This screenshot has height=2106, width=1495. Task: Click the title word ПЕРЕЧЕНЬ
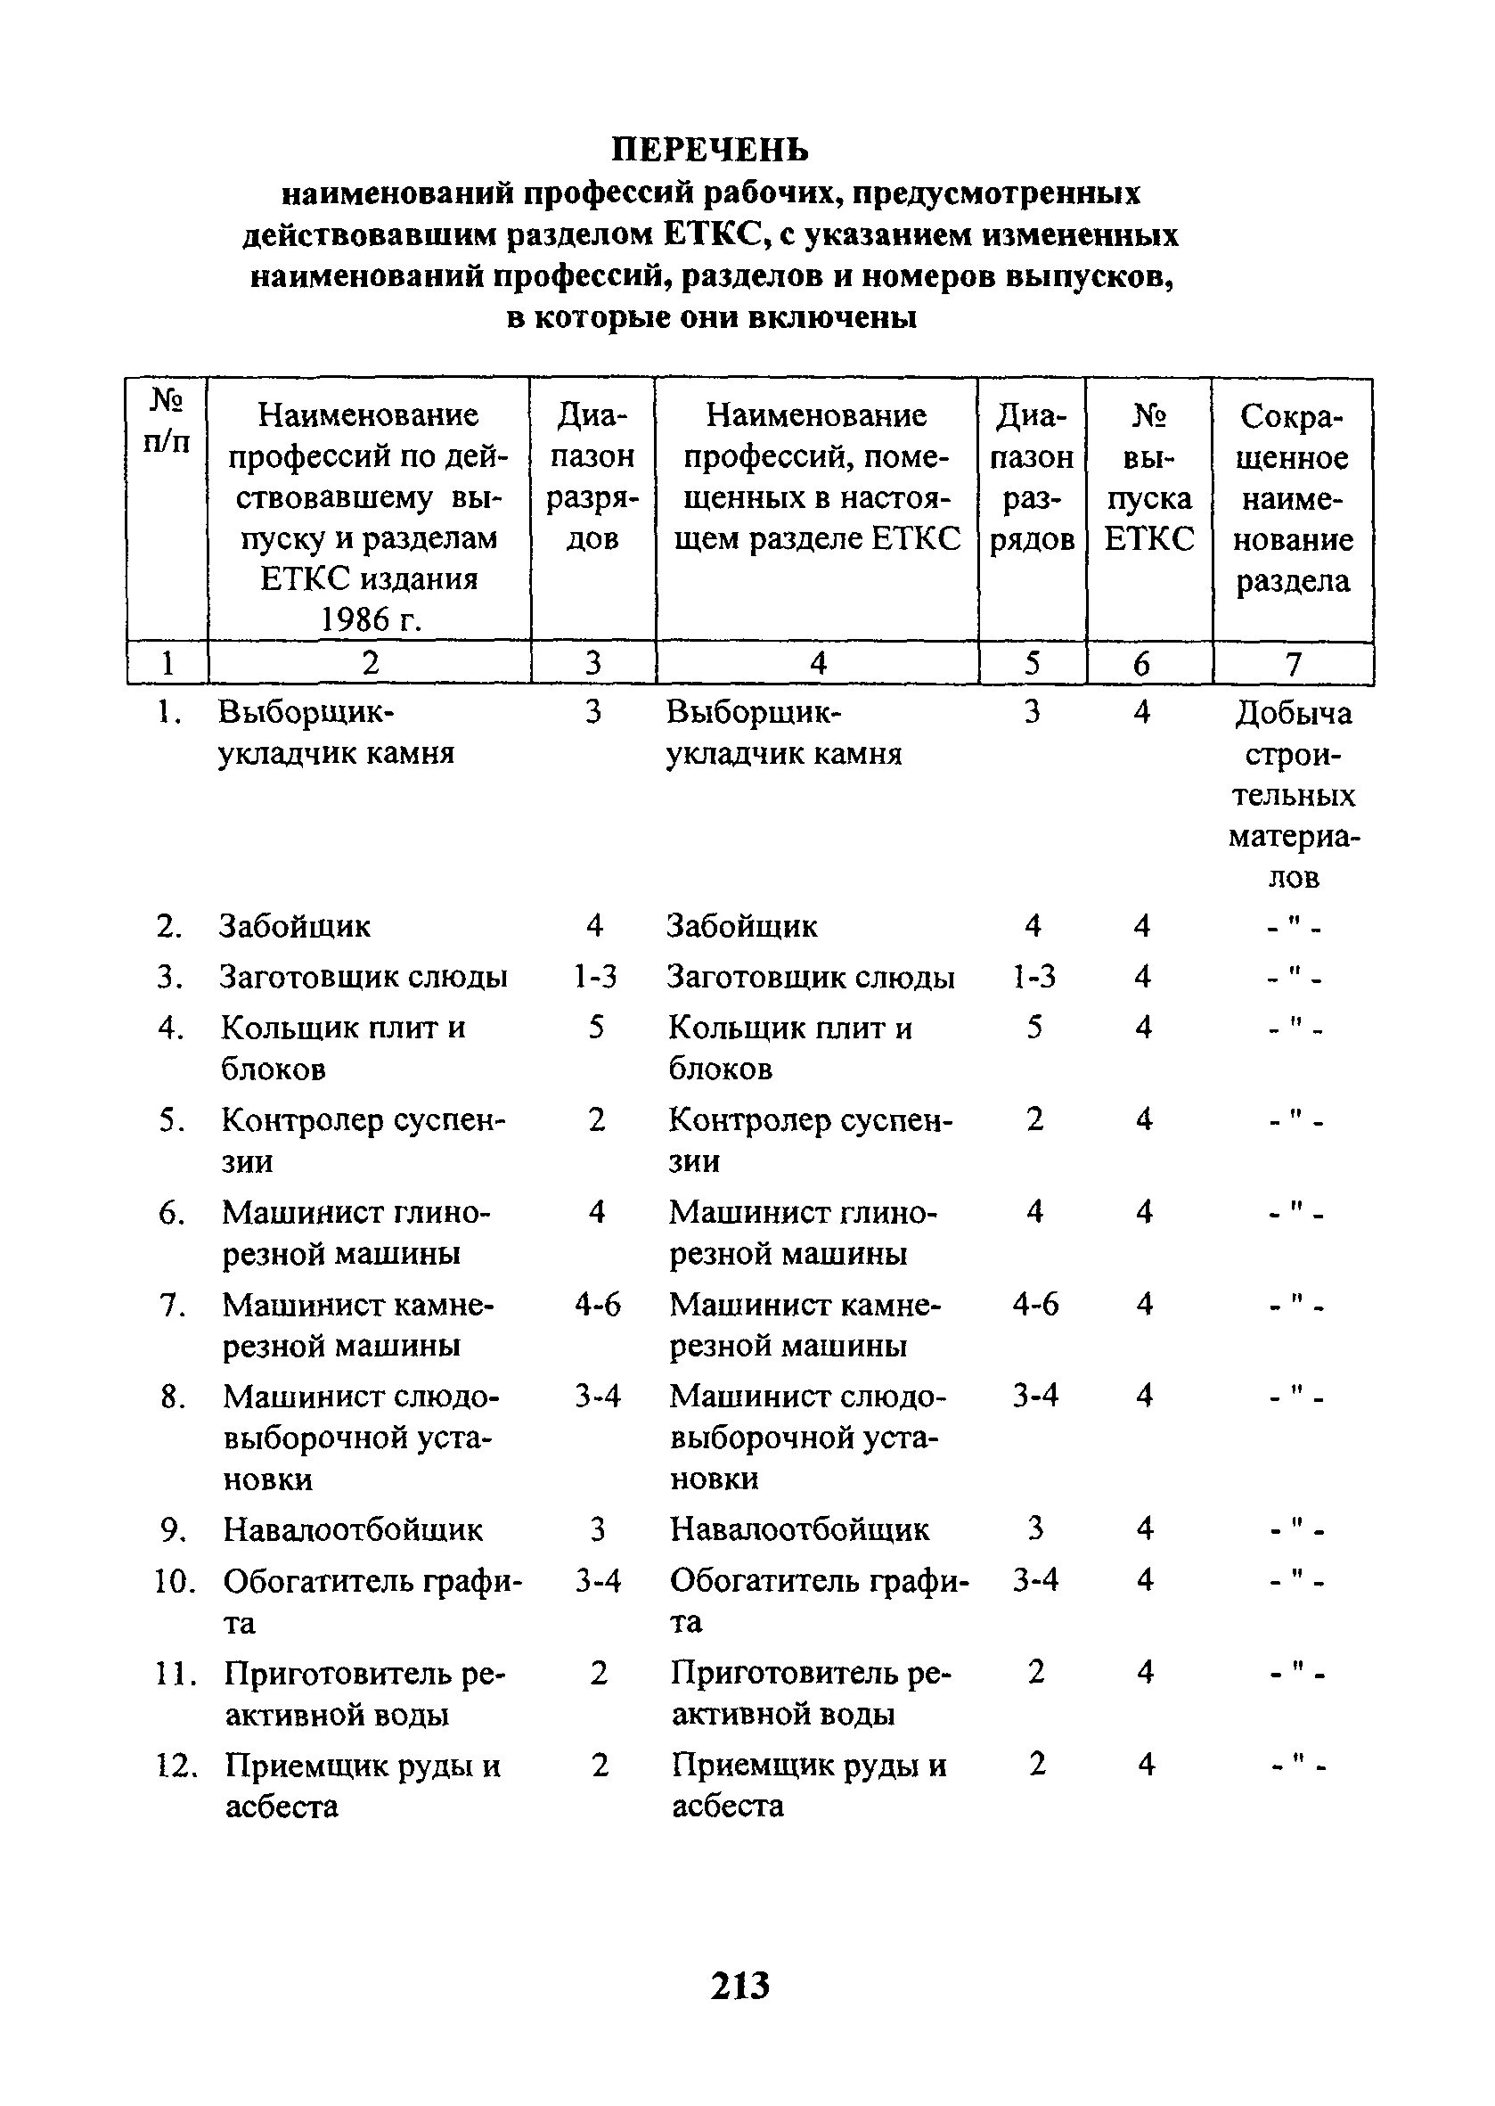(x=711, y=149)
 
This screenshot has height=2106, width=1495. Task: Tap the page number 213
(x=740, y=1986)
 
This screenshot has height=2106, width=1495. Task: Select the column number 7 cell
(x=1294, y=664)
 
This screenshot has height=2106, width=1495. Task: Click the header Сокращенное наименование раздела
(x=1293, y=498)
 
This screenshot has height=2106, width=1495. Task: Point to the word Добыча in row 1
(x=1294, y=714)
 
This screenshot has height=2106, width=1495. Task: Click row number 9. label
(x=173, y=1530)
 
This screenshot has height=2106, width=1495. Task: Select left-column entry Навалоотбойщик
(x=353, y=1530)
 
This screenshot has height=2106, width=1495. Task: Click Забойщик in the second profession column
(x=742, y=926)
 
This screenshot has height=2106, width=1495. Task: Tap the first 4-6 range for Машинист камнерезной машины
(x=598, y=1305)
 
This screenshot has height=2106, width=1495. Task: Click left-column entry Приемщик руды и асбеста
(x=362, y=1785)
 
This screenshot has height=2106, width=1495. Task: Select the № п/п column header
(x=167, y=420)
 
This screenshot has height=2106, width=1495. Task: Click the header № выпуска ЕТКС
(x=1148, y=478)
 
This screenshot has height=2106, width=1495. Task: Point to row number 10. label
(x=174, y=1582)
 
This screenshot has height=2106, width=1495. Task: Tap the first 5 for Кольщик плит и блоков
(x=597, y=1028)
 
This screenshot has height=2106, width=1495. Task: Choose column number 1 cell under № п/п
(x=167, y=664)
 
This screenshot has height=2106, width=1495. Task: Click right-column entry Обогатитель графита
(x=819, y=1601)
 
